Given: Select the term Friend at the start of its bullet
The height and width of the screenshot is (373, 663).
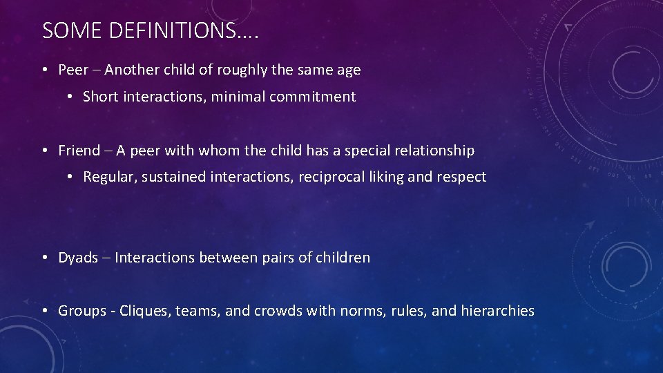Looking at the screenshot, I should [x=79, y=150].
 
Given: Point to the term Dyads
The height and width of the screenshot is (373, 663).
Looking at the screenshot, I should [x=78, y=258].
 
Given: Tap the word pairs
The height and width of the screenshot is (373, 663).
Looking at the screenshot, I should [x=279, y=258].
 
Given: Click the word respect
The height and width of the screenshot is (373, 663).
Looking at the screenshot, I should [x=461, y=177].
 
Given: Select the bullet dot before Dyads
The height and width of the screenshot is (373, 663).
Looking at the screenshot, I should [x=44, y=258].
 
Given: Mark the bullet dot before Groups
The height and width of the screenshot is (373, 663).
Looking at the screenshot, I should [x=44, y=311].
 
